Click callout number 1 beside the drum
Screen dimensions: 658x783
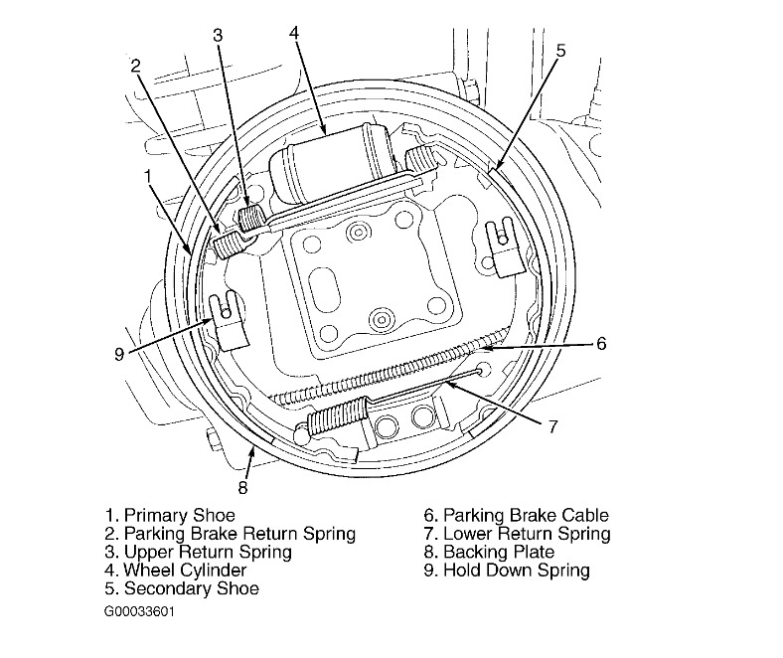point(147,176)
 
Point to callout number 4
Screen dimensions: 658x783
point(294,32)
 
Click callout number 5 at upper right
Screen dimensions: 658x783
point(560,49)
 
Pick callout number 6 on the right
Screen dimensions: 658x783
point(601,345)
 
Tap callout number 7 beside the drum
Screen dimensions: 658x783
point(552,426)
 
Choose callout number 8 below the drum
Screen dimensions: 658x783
point(243,487)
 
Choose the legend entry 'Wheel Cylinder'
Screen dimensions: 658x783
point(185,571)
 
